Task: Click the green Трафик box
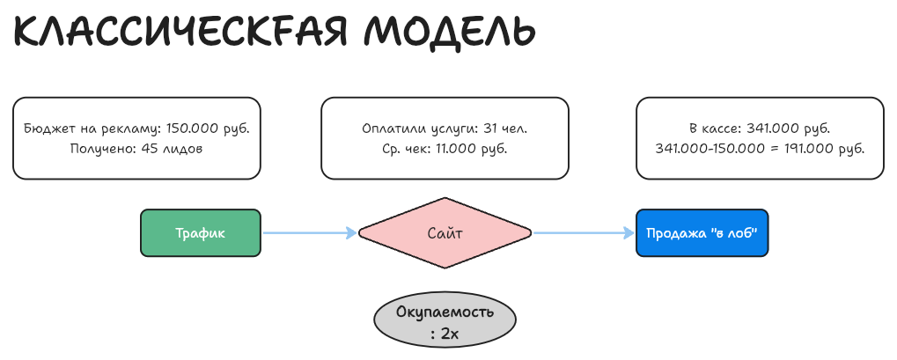point(200,233)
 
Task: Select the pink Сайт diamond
point(445,233)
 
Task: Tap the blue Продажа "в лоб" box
point(702,233)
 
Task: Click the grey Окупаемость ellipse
point(445,322)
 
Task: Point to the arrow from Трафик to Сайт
point(308,233)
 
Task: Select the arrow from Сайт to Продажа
point(584,233)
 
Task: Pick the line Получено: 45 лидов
point(136,149)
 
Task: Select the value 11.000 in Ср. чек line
point(453,149)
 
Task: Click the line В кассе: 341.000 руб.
point(760,129)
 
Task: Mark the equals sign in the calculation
point(772,149)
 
